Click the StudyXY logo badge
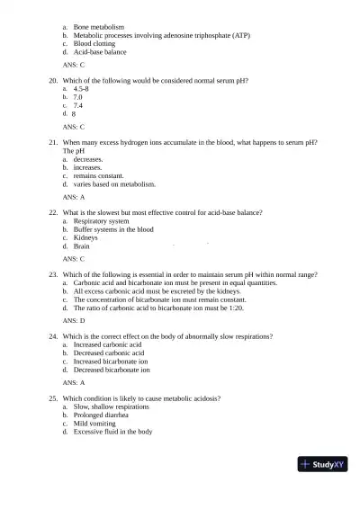pyautogui.click(x=324, y=465)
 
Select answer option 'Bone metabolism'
pyautogui.click(x=99, y=27)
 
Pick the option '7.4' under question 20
pyautogui.click(x=79, y=106)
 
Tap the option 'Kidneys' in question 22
pyautogui.click(x=87, y=237)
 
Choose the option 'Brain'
pyautogui.click(x=84, y=246)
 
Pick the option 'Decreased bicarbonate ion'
pyautogui.click(x=112, y=370)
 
